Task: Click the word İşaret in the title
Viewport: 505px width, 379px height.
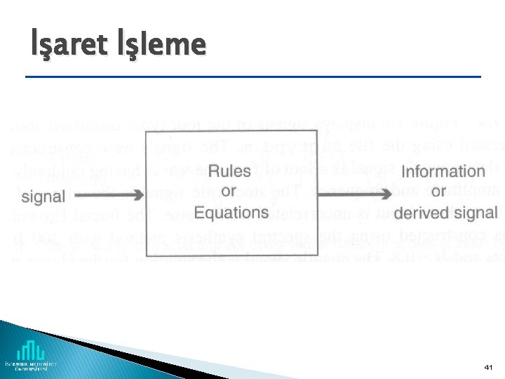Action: coord(69,45)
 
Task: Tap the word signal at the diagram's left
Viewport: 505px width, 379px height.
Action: coord(44,196)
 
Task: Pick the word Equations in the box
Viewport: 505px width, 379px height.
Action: coord(231,212)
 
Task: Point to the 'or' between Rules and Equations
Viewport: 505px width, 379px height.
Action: coord(229,192)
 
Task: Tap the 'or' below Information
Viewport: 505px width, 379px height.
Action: coord(439,192)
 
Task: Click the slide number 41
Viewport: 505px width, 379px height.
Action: coord(489,367)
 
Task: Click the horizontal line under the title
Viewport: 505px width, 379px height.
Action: coord(252,76)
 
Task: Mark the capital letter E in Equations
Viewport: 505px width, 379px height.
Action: coord(200,212)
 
